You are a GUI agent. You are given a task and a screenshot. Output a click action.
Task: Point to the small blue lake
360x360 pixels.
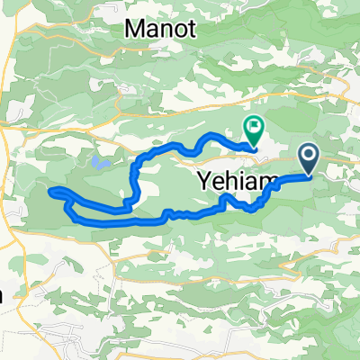[96, 163]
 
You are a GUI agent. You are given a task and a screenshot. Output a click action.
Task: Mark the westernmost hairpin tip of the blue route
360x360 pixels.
[50, 191]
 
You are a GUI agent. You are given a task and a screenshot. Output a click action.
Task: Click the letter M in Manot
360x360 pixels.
[133, 29]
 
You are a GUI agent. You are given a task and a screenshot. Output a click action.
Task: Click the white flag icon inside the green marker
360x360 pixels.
[254, 129]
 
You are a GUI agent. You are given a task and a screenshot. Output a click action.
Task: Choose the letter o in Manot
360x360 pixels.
[178, 30]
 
